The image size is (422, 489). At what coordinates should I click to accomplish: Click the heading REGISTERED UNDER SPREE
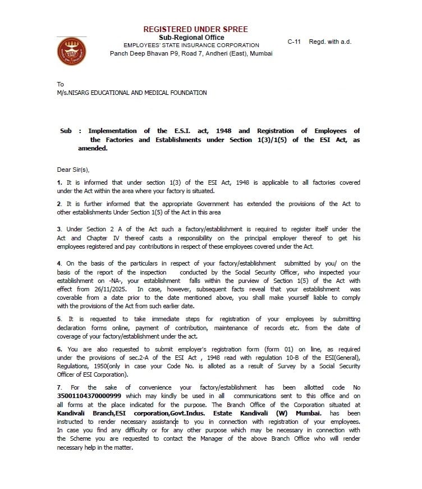(x=195, y=29)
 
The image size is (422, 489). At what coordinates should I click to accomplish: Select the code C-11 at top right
(x=294, y=42)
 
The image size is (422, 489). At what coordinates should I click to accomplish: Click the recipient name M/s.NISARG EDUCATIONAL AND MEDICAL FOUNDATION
(x=132, y=93)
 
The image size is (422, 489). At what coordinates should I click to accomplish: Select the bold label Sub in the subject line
(x=66, y=131)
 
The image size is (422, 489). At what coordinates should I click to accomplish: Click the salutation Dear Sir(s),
(x=74, y=169)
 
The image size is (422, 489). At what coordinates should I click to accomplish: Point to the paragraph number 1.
(x=59, y=182)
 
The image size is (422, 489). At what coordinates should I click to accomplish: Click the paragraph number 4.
(x=59, y=263)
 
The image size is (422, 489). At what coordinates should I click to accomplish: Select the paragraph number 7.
(x=59, y=388)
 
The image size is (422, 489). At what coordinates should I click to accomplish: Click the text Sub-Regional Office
(x=191, y=38)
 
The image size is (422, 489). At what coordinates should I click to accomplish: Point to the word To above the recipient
(x=61, y=84)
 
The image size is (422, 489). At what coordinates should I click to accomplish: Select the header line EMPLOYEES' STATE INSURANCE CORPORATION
(x=191, y=45)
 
